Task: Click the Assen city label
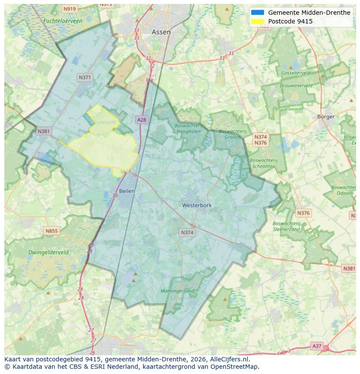(x=161, y=32)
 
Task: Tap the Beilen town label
(x=127, y=191)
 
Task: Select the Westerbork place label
(x=197, y=205)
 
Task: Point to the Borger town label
(x=326, y=116)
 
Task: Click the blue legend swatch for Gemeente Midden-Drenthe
(x=257, y=13)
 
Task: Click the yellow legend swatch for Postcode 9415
(x=257, y=21)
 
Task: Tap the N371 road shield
(x=85, y=77)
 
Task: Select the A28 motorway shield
(x=141, y=119)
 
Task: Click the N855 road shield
(x=51, y=231)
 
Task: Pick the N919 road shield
(x=69, y=9)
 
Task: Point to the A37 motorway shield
(x=317, y=346)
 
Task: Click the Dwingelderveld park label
(x=48, y=252)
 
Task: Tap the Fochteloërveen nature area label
(x=63, y=21)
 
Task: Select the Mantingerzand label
(x=177, y=291)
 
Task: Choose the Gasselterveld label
(x=295, y=73)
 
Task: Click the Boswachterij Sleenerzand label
(x=287, y=226)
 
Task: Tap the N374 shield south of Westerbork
(x=187, y=233)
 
